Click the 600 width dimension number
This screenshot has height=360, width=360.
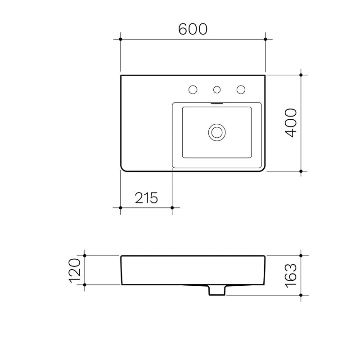click(193, 29)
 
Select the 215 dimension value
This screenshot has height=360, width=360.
click(146, 198)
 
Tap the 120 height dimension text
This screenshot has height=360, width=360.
click(75, 270)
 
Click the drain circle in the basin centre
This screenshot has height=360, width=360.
click(217, 132)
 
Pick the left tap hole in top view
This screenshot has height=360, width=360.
click(193, 90)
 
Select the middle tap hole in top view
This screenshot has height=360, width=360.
click(217, 90)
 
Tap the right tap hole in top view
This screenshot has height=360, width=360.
click(241, 90)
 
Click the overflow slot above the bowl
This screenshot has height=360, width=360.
click(217, 102)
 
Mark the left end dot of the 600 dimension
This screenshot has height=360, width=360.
click(121, 40)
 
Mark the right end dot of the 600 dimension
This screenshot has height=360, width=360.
click(265, 40)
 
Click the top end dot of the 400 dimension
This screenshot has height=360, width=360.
click(301, 75)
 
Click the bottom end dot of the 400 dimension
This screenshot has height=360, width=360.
click(301, 171)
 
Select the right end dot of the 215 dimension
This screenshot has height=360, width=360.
click(172, 207)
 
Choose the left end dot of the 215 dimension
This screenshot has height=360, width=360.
click(121, 207)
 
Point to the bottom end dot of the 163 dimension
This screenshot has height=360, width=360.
click(301, 295)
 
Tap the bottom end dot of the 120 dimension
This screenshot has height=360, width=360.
click(85, 285)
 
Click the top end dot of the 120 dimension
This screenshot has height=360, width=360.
click(85, 256)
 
